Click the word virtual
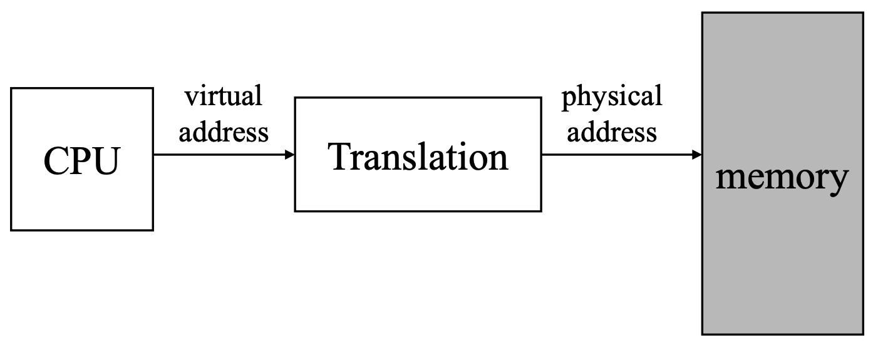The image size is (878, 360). pos(223,96)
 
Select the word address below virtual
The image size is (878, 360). pos(224,131)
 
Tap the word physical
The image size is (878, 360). pos(611,97)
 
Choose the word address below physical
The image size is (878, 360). pos(612,131)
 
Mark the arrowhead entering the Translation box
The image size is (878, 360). pos(290,155)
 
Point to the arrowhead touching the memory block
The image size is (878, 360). pos(697,155)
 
